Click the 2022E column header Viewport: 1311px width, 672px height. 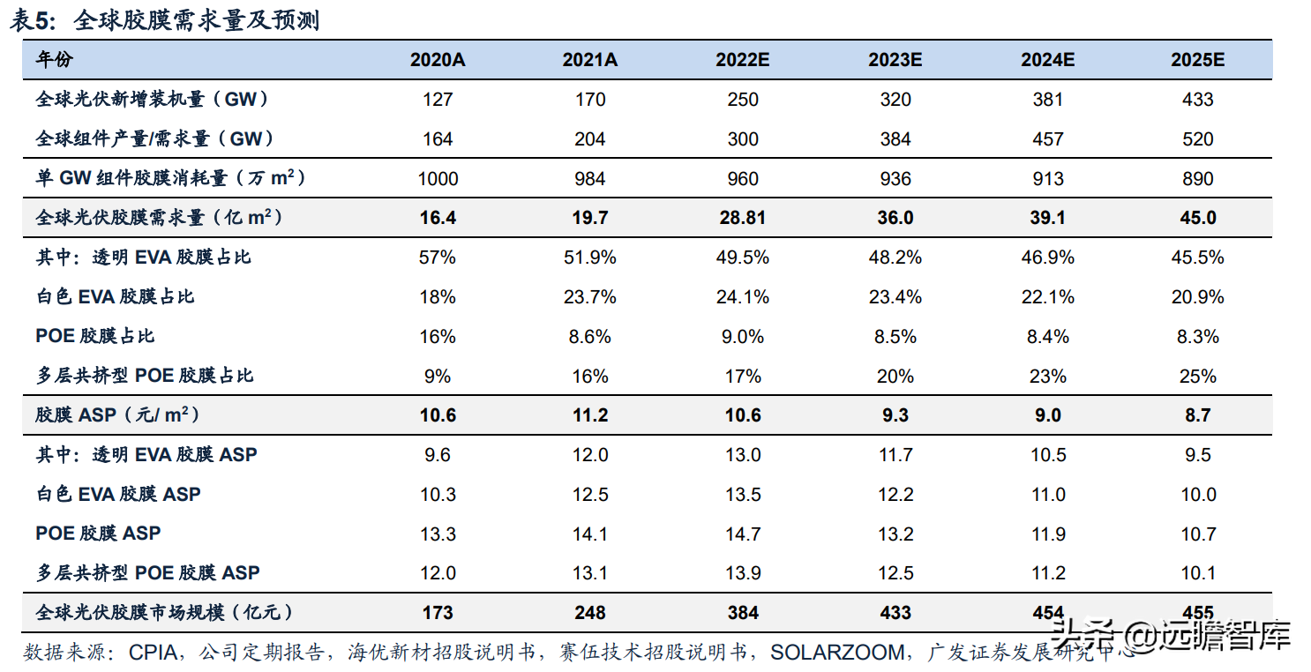pos(743,60)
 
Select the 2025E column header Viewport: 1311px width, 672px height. pos(1197,60)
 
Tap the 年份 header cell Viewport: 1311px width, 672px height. pos(55,60)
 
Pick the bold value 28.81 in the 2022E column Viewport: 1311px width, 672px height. pos(743,218)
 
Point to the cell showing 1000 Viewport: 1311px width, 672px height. pos(438,179)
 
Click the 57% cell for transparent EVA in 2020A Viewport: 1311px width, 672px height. pos(438,258)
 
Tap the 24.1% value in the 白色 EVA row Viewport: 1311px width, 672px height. pos(743,297)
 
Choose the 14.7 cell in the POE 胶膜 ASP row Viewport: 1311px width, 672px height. pos(743,534)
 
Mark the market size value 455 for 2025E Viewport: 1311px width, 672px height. pos(1197,613)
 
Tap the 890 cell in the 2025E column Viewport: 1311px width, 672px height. pos(1197,179)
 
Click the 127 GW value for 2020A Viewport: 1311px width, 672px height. pos(438,100)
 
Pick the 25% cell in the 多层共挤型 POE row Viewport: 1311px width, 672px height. pos(1197,377)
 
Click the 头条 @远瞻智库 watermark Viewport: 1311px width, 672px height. pos(1172,635)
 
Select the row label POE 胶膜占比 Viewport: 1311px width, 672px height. pos(95,337)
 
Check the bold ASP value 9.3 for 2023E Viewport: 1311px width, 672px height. pos(895,415)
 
